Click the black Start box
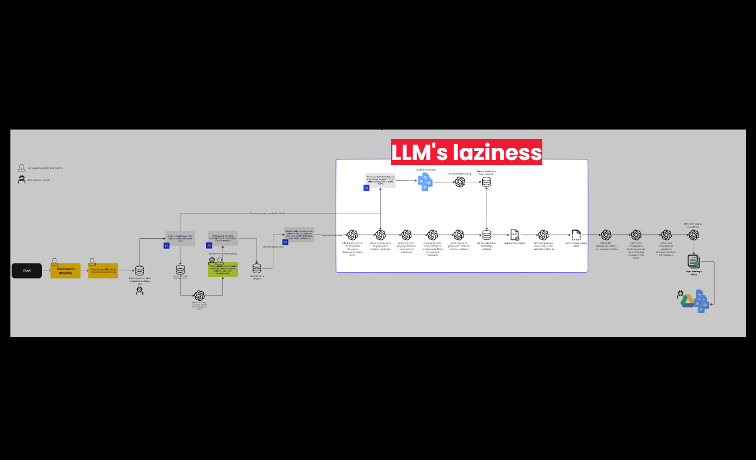(27, 271)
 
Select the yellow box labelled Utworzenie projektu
(65, 271)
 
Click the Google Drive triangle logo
(688, 301)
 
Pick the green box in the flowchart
(223, 269)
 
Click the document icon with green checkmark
(694, 261)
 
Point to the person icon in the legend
(21, 168)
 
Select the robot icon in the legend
(21, 179)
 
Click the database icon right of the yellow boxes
(140, 270)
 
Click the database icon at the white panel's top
(486, 182)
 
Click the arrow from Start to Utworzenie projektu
(46, 271)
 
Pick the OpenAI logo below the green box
(199, 296)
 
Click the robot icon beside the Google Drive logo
(682, 294)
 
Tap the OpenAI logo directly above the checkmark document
(694, 235)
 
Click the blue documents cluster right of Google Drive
(702, 301)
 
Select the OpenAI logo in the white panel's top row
(460, 182)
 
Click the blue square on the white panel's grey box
(366, 188)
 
